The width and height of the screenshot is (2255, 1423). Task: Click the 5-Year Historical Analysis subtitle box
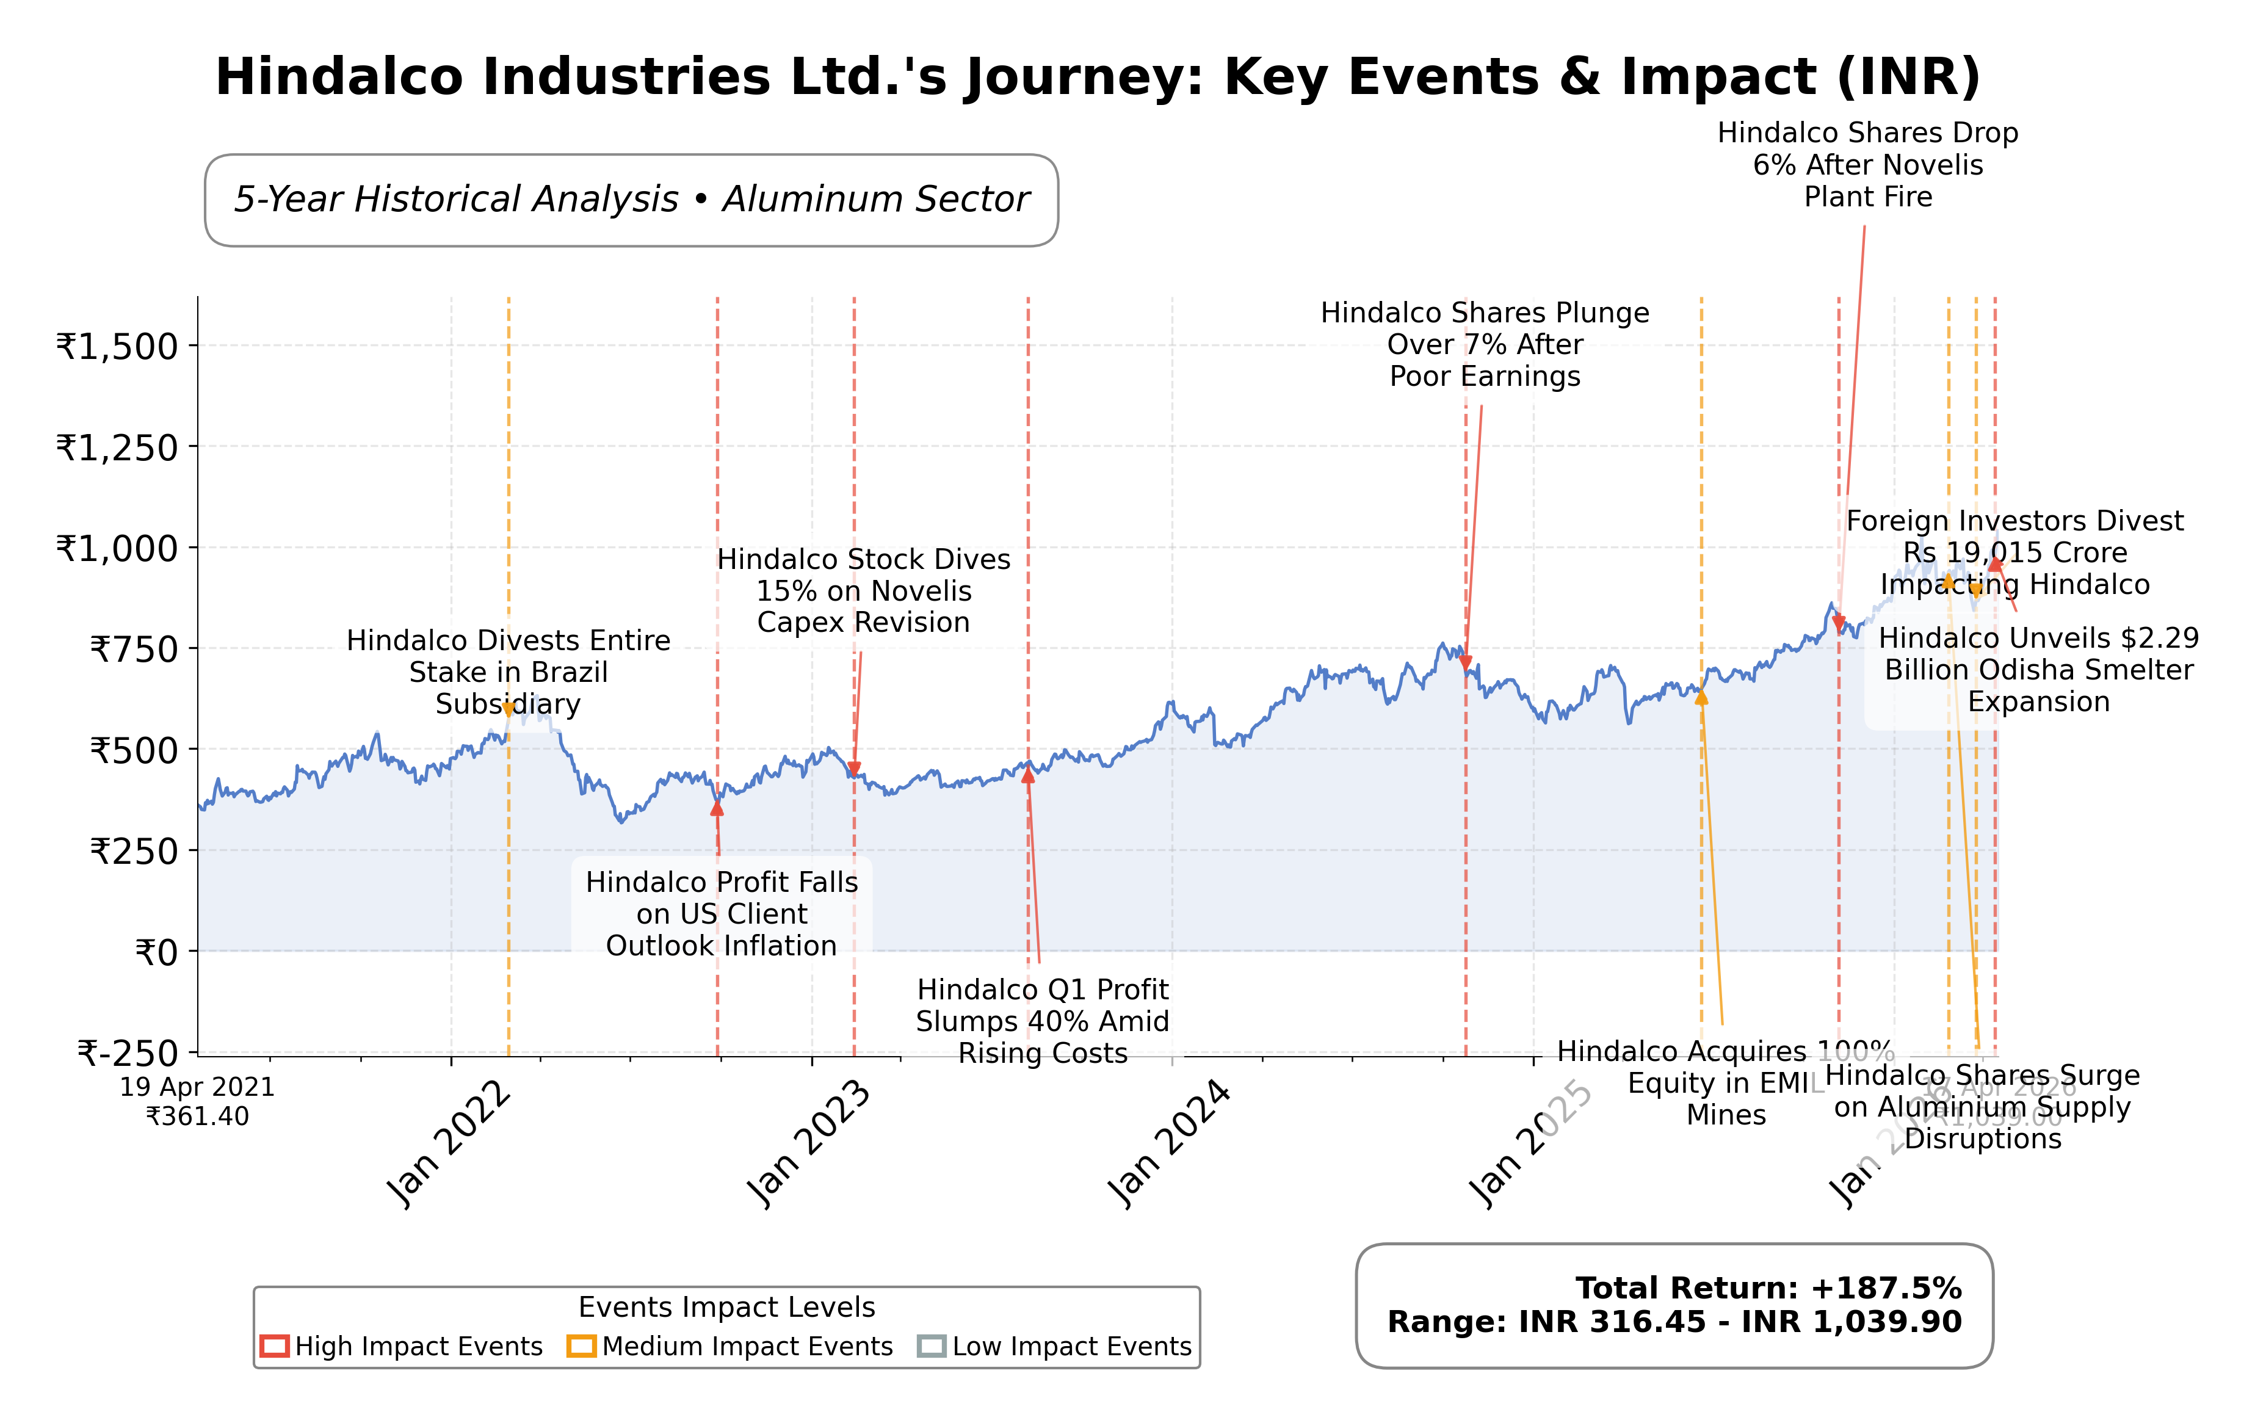631,200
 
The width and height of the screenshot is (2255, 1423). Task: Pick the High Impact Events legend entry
403,1346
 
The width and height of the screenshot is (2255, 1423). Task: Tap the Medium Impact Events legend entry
731,1346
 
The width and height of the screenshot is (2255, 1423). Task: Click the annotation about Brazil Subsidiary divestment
509,672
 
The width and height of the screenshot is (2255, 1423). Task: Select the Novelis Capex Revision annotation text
863,591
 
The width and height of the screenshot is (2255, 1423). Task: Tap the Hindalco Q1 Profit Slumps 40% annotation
1042,1021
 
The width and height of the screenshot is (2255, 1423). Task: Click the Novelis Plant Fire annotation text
1867,165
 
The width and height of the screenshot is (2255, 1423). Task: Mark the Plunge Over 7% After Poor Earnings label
1484,344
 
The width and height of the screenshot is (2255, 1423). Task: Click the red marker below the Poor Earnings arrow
1466,663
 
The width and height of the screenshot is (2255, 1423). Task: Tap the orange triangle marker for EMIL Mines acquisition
1701,697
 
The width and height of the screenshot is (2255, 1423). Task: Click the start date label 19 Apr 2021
198,1088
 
